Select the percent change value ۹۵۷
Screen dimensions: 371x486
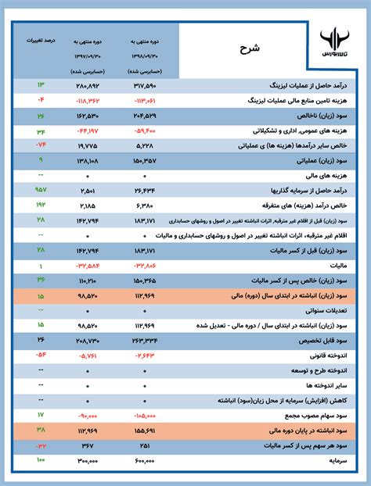41,189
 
